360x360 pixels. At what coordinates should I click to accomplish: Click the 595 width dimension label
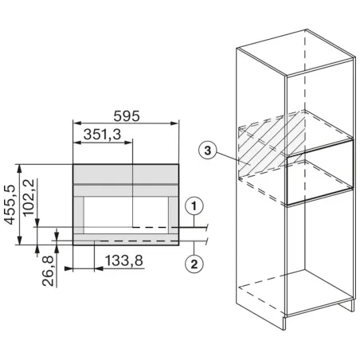coord(127,116)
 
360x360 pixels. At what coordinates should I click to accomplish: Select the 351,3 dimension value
coord(102,135)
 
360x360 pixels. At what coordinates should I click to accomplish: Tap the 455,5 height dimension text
coord(10,205)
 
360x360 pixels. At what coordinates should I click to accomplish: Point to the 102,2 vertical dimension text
coord(29,197)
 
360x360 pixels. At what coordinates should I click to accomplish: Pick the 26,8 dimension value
coord(49,271)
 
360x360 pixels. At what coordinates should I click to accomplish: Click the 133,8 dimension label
coord(124,260)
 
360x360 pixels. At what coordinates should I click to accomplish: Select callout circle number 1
coord(194,206)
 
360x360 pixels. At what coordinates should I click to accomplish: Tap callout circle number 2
coord(194,264)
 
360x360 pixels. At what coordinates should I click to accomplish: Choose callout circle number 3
coord(208,151)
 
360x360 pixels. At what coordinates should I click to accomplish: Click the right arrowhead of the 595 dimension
coord(175,123)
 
